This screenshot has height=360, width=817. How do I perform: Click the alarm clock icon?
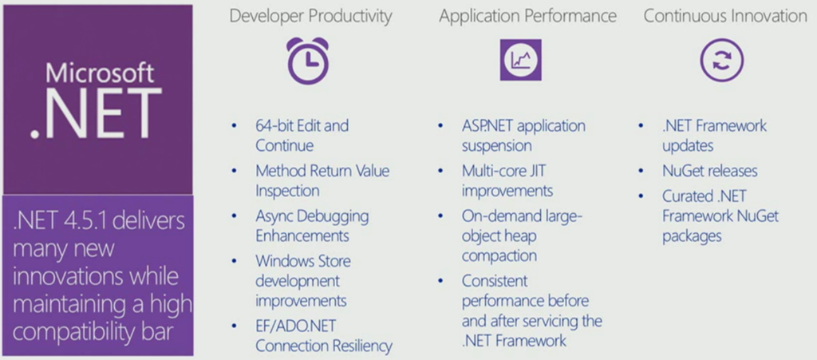[x=307, y=61]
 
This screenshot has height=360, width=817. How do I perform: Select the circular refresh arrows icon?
[x=721, y=61]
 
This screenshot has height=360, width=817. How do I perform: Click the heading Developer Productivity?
[x=310, y=17]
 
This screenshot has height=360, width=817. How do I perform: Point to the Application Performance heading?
[x=528, y=17]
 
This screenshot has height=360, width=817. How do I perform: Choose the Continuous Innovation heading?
[x=725, y=16]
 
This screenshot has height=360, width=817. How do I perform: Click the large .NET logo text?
[x=96, y=113]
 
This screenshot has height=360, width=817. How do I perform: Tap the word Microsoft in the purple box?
[x=100, y=73]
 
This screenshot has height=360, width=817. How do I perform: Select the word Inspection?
[x=287, y=192]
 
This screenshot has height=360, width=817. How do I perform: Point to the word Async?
[x=274, y=216]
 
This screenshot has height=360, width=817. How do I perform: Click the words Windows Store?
[x=302, y=260]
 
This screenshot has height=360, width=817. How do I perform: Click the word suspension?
[x=496, y=146]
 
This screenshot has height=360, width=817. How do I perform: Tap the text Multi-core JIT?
[x=504, y=170]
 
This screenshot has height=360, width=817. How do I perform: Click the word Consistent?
[x=495, y=281]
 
